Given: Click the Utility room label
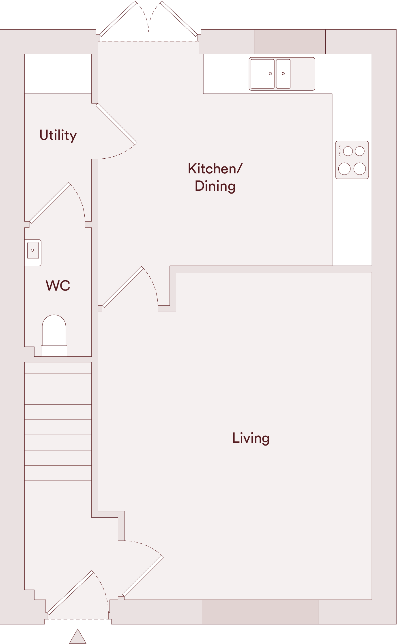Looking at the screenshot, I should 58,135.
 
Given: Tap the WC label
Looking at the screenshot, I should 58,286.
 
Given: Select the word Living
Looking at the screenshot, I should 251,438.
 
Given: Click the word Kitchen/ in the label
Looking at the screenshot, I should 215,169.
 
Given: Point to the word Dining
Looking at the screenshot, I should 215,186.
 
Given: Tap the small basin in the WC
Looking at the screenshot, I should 33,249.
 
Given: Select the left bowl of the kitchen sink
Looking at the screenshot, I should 262,74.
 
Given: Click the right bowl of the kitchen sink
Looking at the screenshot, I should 283,74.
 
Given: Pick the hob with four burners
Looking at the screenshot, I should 352,160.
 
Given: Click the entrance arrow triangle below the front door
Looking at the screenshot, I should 78,636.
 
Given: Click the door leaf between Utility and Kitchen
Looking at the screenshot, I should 116,124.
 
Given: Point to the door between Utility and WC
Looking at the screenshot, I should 49,202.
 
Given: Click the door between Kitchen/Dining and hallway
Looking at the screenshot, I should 123,286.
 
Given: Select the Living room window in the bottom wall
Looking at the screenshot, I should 260,612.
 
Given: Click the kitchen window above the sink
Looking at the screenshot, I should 290,42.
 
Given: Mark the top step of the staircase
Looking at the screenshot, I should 58,368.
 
